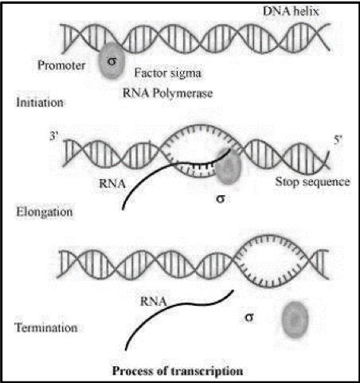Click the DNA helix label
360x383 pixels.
291,11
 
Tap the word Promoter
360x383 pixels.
61,65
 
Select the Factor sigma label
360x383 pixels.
168,73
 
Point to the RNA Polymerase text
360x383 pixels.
167,93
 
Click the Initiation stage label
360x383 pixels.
40,103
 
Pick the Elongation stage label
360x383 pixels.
45,212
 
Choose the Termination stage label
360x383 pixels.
46,327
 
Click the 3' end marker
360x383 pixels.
54,136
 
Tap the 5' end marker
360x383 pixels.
338,139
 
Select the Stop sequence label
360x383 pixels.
312,182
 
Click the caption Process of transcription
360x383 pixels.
178,371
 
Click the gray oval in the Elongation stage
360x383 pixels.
229,166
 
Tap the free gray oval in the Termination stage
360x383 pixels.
295,320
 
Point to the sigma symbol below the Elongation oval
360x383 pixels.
221,198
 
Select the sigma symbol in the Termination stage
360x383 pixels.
248,317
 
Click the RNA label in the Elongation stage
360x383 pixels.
112,184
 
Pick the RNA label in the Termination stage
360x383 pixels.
153,301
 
